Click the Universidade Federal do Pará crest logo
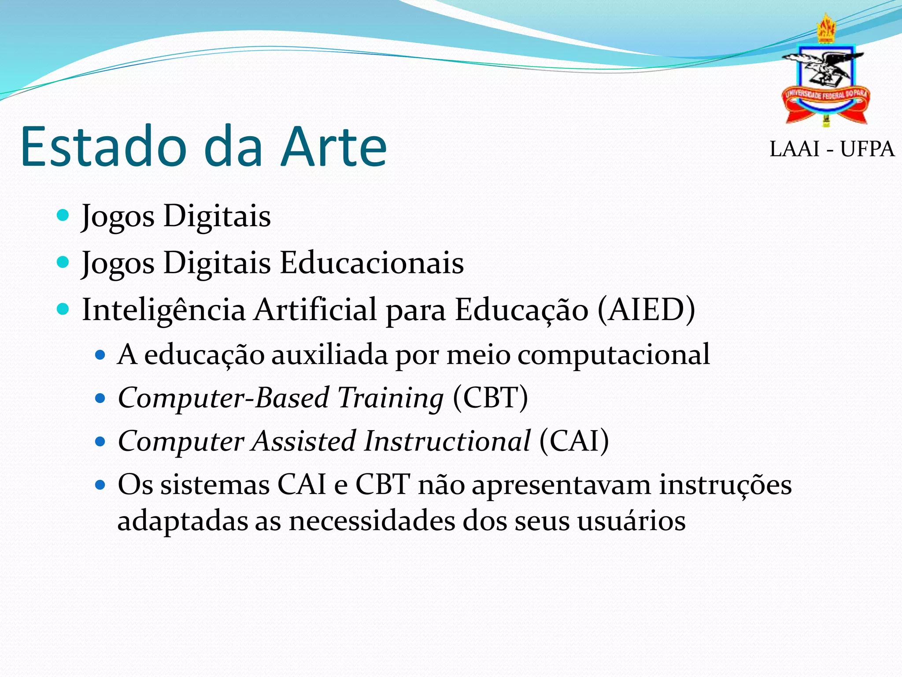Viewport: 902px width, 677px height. (825, 73)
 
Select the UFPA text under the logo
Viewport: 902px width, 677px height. (867, 149)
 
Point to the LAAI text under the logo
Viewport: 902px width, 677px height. (794, 149)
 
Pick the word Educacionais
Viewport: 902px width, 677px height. (372, 263)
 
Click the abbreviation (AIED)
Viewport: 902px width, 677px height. (646, 309)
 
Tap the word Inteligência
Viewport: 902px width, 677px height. (163, 310)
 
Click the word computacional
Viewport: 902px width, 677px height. (614, 355)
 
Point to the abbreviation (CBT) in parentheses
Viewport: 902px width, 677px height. (490, 398)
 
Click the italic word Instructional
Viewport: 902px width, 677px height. (447, 441)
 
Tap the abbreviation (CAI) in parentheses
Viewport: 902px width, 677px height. (574, 441)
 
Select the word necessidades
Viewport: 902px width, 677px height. (371, 521)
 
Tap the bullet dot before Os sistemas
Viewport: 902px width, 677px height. (101, 485)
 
